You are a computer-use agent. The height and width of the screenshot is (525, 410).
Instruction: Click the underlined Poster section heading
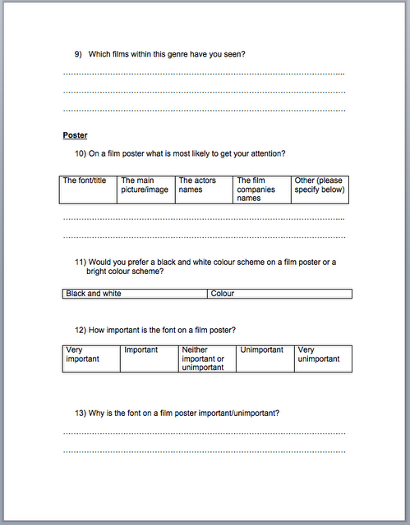(75, 135)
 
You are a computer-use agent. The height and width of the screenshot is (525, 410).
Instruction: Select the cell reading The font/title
(89, 189)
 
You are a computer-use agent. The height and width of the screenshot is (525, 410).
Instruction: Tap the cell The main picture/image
(146, 189)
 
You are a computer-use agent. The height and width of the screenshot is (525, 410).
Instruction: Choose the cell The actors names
(204, 189)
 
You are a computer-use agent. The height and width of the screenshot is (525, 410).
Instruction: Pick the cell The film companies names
(262, 189)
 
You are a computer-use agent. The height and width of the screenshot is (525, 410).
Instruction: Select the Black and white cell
(135, 294)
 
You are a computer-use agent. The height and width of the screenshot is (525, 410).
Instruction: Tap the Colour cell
(279, 294)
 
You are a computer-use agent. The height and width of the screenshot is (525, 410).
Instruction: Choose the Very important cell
(90, 358)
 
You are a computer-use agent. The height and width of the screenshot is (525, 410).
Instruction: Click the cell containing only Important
(149, 358)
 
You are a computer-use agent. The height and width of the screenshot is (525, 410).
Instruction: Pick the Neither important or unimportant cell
(207, 358)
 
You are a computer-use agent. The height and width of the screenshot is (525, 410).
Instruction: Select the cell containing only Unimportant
(265, 358)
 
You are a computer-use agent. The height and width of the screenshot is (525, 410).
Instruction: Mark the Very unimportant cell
(323, 358)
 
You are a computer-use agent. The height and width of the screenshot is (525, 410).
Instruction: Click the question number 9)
(78, 54)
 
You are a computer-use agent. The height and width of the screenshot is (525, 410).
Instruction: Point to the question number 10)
(81, 153)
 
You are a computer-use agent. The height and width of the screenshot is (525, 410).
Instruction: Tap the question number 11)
(81, 262)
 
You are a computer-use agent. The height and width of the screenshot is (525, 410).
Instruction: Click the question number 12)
(81, 330)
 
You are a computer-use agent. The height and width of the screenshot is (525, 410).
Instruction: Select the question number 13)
(81, 413)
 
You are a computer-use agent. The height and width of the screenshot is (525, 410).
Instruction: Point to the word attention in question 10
(264, 153)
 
